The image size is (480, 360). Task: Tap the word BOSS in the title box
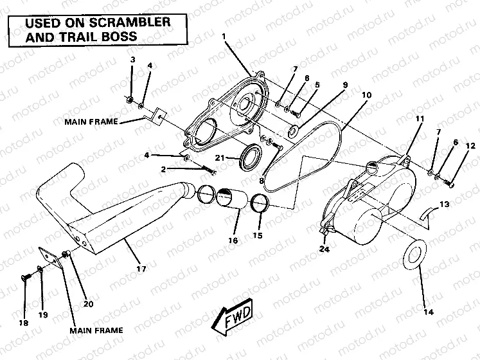tap(122, 36)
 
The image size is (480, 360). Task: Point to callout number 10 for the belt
tap(366, 95)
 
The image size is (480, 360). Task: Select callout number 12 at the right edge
tap(470, 147)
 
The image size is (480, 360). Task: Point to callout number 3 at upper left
tap(132, 60)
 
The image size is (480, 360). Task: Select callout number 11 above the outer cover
tap(419, 119)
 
